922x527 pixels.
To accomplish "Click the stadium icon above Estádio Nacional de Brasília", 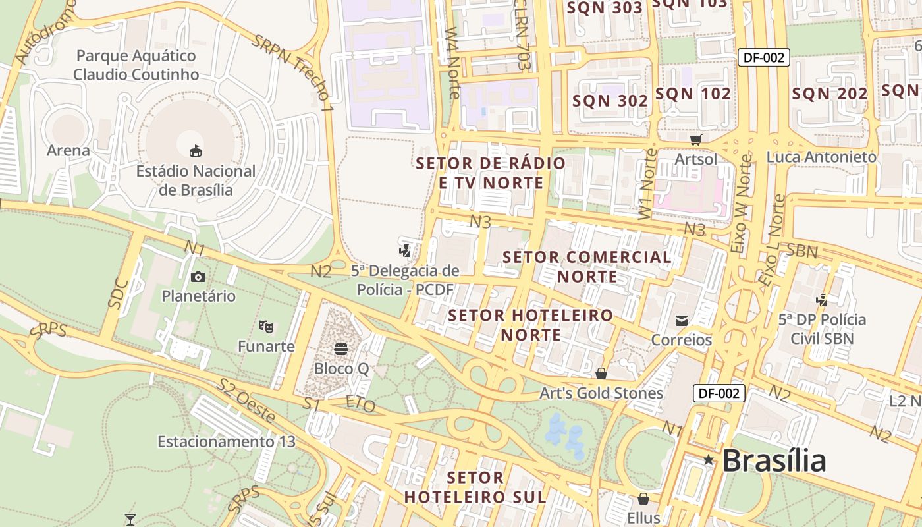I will click(196, 152).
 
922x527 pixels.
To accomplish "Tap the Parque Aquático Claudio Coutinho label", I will click(136, 65).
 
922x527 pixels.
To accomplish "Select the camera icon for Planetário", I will click(198, 277).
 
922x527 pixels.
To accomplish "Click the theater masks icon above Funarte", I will click(266, 326).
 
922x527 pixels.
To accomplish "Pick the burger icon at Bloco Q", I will click(341, 348).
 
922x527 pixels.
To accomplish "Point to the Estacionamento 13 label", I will click(227, 441).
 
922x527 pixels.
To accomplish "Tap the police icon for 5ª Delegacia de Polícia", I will click(405, 250).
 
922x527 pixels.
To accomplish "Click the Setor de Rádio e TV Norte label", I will click(491, 173).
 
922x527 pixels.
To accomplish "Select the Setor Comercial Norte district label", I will click(587, 266).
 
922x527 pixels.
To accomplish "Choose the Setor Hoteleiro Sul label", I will click(475, 487).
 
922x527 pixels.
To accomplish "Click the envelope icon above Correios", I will click(682, 321).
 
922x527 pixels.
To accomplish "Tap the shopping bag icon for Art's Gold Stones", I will click(601, 374).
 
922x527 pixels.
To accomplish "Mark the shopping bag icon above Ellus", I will click(643, 499).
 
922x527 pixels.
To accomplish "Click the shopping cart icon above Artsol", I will click(696, 139).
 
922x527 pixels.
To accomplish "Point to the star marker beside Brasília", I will click(709, 460).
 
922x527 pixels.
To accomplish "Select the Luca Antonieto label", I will click(821, 157).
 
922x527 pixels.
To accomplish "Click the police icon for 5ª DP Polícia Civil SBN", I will click(821, 300).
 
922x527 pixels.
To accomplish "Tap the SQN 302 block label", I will click(610, 101).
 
